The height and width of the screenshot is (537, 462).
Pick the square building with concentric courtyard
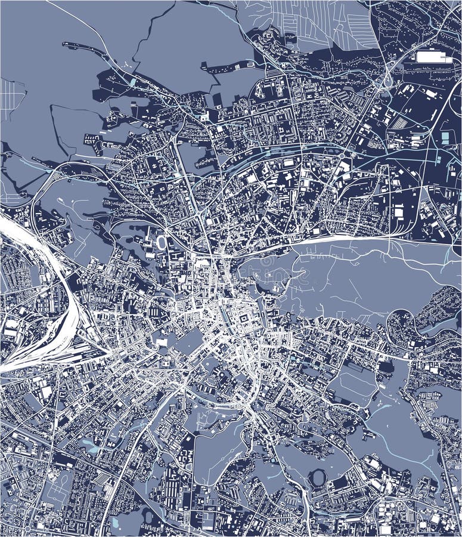click(x=244, y=323)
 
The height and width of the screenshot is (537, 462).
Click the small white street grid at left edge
click(x=11, y=98)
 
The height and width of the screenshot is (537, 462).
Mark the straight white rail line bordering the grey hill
click(x=334, y=239)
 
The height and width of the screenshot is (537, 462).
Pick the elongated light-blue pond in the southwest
click(x=89, y=445)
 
